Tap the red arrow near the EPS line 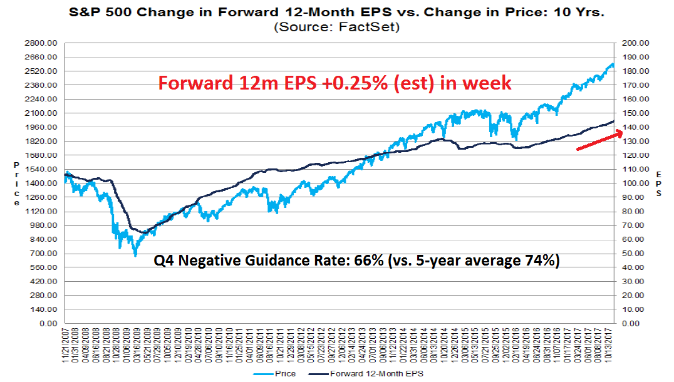[599, 140]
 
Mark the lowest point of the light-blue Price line [135, 256]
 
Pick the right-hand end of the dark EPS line [614, 121]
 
